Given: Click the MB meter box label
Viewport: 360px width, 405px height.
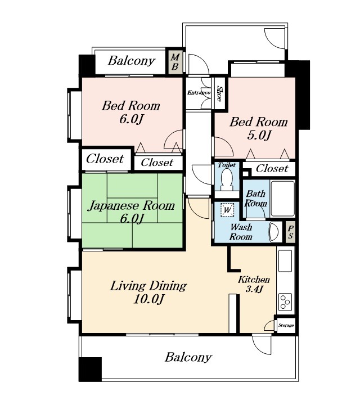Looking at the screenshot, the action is pos(175,62).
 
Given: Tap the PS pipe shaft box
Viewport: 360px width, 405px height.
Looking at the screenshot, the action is pos(290,232).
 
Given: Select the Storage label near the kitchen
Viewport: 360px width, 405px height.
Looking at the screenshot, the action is pos(286,326).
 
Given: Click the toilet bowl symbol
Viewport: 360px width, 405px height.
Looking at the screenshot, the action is pos(227,179).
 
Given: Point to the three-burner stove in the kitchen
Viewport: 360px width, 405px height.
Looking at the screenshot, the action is pos(285,301).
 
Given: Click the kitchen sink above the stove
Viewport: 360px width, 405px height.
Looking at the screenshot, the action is pos(285,260).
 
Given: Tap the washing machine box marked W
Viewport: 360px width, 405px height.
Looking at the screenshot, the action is pos(227,210).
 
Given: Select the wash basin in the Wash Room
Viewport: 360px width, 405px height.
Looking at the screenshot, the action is pos(275,232).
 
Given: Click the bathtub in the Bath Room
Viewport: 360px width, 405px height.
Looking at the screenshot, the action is pos(282,199).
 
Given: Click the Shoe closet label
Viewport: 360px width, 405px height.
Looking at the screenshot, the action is pos(219,93).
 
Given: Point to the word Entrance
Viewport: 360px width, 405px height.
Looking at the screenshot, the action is pos(199,92).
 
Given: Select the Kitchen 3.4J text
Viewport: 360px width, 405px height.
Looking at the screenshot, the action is pos(254,284).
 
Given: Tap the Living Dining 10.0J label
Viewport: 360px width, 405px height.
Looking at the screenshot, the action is pos(148,292).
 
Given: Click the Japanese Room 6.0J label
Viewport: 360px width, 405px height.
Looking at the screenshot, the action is pos(132,212).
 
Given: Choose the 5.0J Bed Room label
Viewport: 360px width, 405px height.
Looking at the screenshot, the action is pos(259,128).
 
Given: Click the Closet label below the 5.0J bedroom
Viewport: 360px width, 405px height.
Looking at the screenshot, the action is pos(272,169).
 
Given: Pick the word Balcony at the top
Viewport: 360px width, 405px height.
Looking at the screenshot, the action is pos(132,61).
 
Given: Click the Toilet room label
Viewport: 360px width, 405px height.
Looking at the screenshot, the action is pos(227,165).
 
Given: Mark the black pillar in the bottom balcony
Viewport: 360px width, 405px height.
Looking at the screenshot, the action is pos(90,369).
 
